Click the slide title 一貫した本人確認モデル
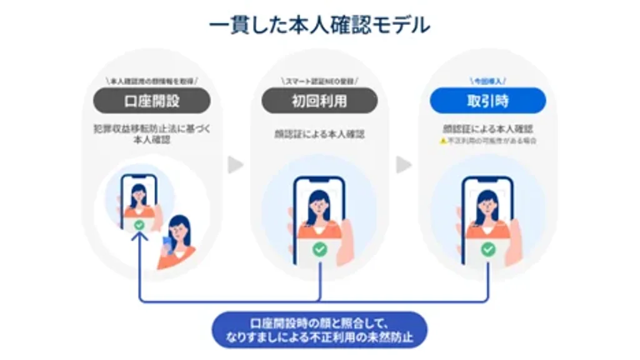319,26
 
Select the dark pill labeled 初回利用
319,101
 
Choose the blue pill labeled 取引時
487,101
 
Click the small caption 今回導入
487,81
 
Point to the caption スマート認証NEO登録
319,81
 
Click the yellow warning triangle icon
443,142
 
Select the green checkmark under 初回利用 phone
319,250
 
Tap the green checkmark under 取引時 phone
488,250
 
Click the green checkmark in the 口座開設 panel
139,224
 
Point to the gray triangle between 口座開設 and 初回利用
235,165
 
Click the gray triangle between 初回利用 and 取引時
404,165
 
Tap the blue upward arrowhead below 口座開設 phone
139,237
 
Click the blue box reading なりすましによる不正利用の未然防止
319,330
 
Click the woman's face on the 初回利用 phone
319,201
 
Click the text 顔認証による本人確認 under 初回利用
319,133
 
